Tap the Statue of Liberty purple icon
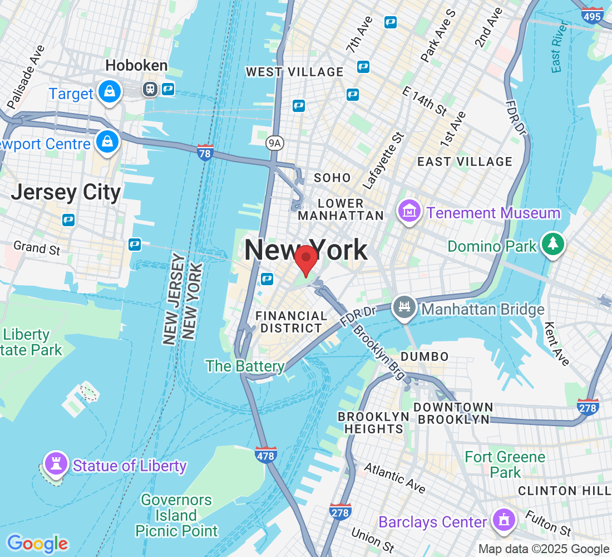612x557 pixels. pyautogui.click(x=56, y=463)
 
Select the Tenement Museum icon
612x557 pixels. pyautogui.click(x=409, y=212)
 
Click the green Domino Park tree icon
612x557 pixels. pyautogui.click(x=552, y=244)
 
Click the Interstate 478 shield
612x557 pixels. pyautogui.click(x=266, y=455)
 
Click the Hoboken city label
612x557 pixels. pyautogui.click(x=136, y=66)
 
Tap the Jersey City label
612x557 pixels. pyautogui.click(x=66, y=193)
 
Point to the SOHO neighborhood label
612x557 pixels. pyautogui.click(x=332, y=178)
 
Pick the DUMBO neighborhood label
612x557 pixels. pyautogui.click(x=424, y=356)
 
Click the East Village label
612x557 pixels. pyautogui.click(x=465, y=162)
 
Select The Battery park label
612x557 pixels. pyautogui.click(x=245, y=366)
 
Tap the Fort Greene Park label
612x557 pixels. pyautogui.click(x=505, y=465)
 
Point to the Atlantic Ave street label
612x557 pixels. pyautogui.click(x=394, y=477)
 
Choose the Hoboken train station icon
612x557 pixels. pyautogui.click(x=150, y=89)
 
